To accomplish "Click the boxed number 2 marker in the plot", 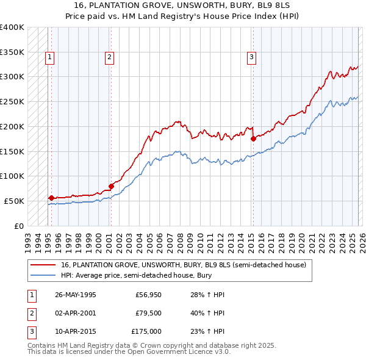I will click(109, 57).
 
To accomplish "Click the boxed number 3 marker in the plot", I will click(251, 57).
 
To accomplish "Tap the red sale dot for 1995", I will click(51, 198).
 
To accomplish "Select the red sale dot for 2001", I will click(111, 186).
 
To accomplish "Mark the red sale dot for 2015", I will click(253, 139).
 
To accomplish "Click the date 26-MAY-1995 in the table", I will click(75, 295).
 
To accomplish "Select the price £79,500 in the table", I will click(148, 313).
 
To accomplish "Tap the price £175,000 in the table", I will click(146, 331).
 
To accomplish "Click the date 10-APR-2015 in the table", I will click(75, 331).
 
